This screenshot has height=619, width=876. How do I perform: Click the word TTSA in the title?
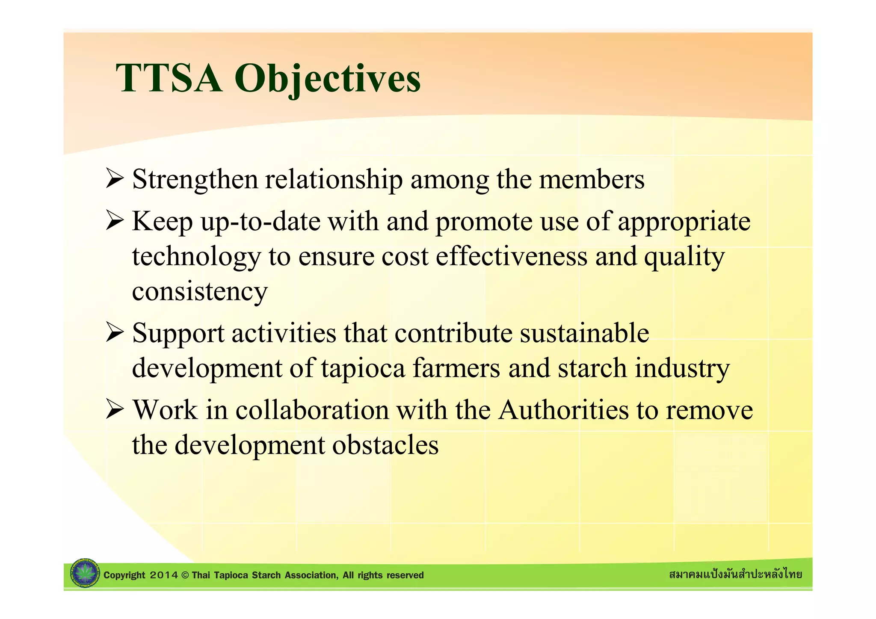169,78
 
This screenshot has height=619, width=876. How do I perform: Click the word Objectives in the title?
327,79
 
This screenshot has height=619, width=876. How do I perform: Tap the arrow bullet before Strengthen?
115,178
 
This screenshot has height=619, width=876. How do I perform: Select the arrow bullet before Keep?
115,221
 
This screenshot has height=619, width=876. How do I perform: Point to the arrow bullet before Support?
115,333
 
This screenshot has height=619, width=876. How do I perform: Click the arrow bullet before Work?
115,409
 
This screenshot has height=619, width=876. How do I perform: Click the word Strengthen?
195,180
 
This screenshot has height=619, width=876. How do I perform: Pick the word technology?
196,258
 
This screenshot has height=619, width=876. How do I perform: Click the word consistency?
200,292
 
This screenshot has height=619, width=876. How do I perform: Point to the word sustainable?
584,333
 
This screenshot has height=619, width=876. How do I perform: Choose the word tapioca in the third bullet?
363,369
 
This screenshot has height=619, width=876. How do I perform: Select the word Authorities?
563,410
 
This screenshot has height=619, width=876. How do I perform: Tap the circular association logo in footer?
84,573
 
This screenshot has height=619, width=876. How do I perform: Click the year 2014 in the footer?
164,575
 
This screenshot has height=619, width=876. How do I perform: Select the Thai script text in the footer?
735,574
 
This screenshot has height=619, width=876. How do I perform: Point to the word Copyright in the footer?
124,575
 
